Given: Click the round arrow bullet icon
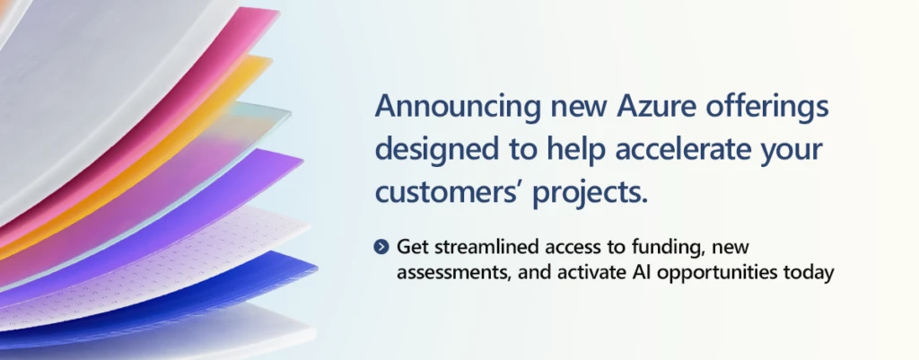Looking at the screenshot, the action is (x=381, y=248).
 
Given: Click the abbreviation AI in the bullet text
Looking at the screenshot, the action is (x=643, y=272).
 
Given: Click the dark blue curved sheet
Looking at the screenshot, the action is (x=258, y=276).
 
